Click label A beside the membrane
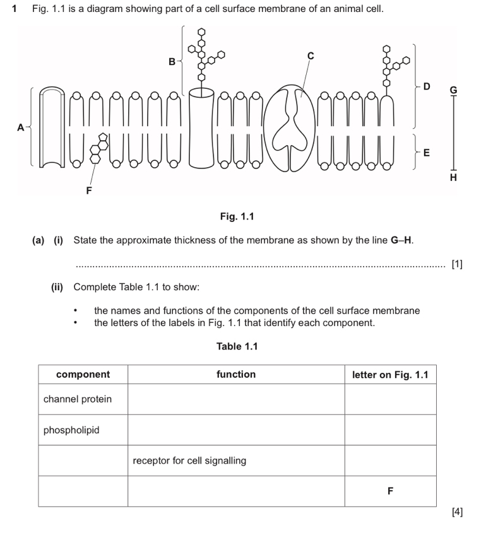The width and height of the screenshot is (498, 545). coord(20,127)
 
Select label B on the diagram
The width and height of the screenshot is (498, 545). coord(172,62)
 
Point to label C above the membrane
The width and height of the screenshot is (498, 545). coord(310,56)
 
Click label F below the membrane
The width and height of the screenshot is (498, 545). coord(88,189)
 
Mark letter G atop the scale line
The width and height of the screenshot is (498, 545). coord(452,90)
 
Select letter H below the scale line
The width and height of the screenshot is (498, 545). coord(452,179)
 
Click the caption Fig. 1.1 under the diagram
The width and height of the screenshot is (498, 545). coord(237,216)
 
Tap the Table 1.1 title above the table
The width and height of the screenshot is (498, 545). coord(237,346)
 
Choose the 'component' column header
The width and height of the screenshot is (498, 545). coord(83,374)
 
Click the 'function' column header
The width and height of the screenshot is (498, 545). coord(236,374)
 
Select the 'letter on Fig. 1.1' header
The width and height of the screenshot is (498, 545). coord(390,375)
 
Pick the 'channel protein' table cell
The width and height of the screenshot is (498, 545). coord(78,399)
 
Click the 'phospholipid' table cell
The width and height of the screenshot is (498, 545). coord(71,430)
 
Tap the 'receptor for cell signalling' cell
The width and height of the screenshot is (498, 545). coord(189,460)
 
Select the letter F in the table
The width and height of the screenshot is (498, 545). coord(390,491)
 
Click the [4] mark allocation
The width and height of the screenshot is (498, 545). coord(458,512)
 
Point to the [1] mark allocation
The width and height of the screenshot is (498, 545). coord(458,264)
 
